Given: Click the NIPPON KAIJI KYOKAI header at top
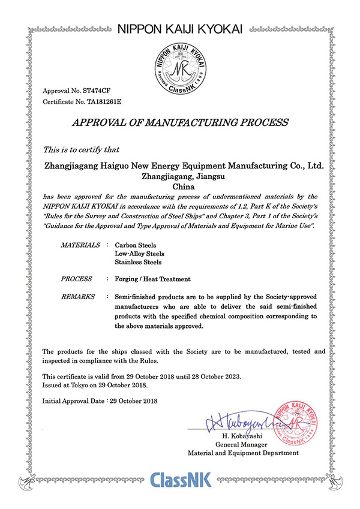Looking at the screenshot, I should tap(180, 28).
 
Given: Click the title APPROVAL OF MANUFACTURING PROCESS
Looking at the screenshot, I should tap(180, 123).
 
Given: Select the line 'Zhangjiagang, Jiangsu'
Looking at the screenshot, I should tap(180, 176).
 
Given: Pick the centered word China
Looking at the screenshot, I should tap(180, 187).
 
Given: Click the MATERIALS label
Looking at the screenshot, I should tap(81, 246).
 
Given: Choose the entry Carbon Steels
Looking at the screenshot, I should tap(136, 246).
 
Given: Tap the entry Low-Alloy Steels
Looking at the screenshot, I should tap(139, 254).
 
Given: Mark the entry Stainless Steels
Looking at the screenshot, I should tap(138, 263).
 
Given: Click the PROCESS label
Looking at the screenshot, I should tap(76, 279).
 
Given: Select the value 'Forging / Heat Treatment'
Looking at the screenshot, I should tap(152, 279).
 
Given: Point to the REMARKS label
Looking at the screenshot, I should tap(79, 297).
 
